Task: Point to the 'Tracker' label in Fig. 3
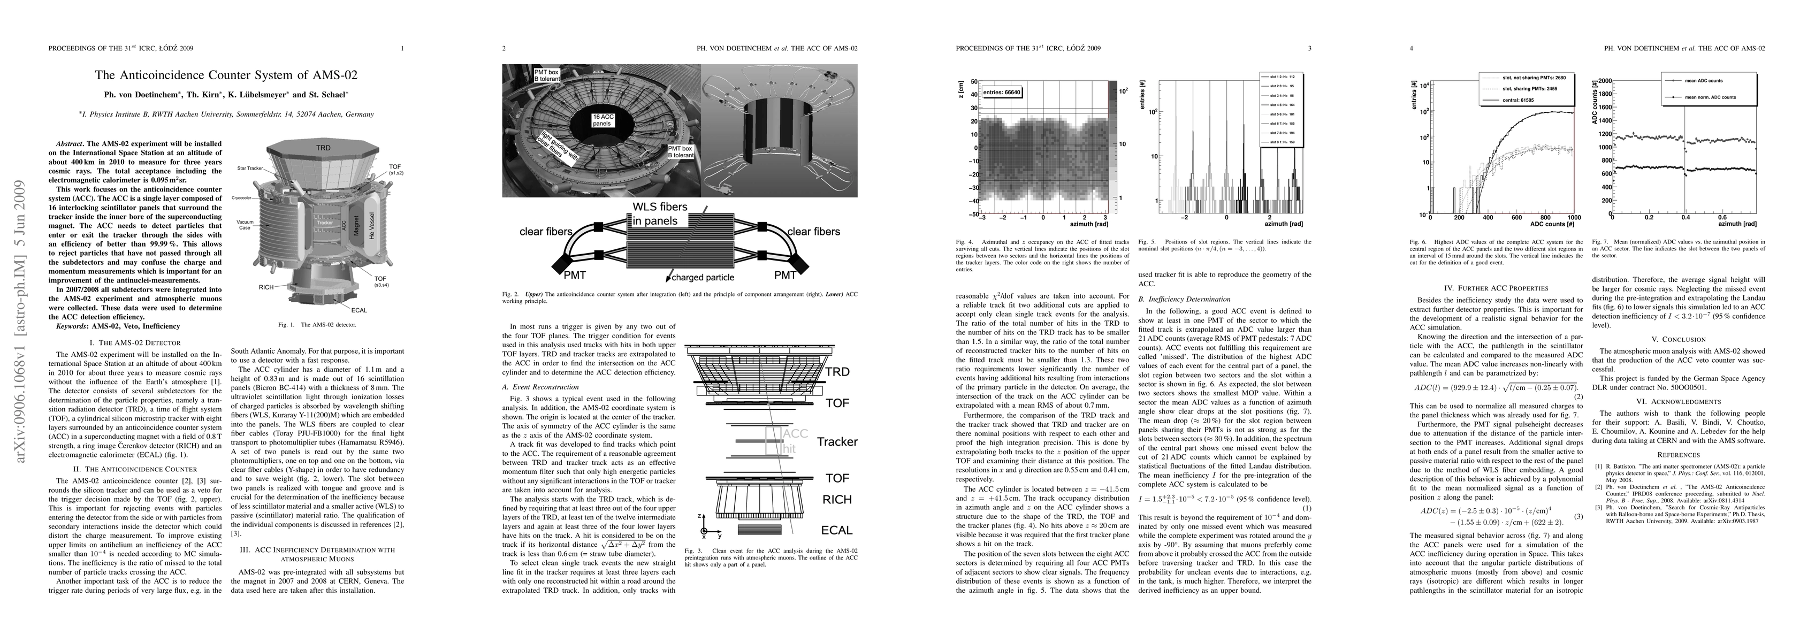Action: (x=836, y=442)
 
